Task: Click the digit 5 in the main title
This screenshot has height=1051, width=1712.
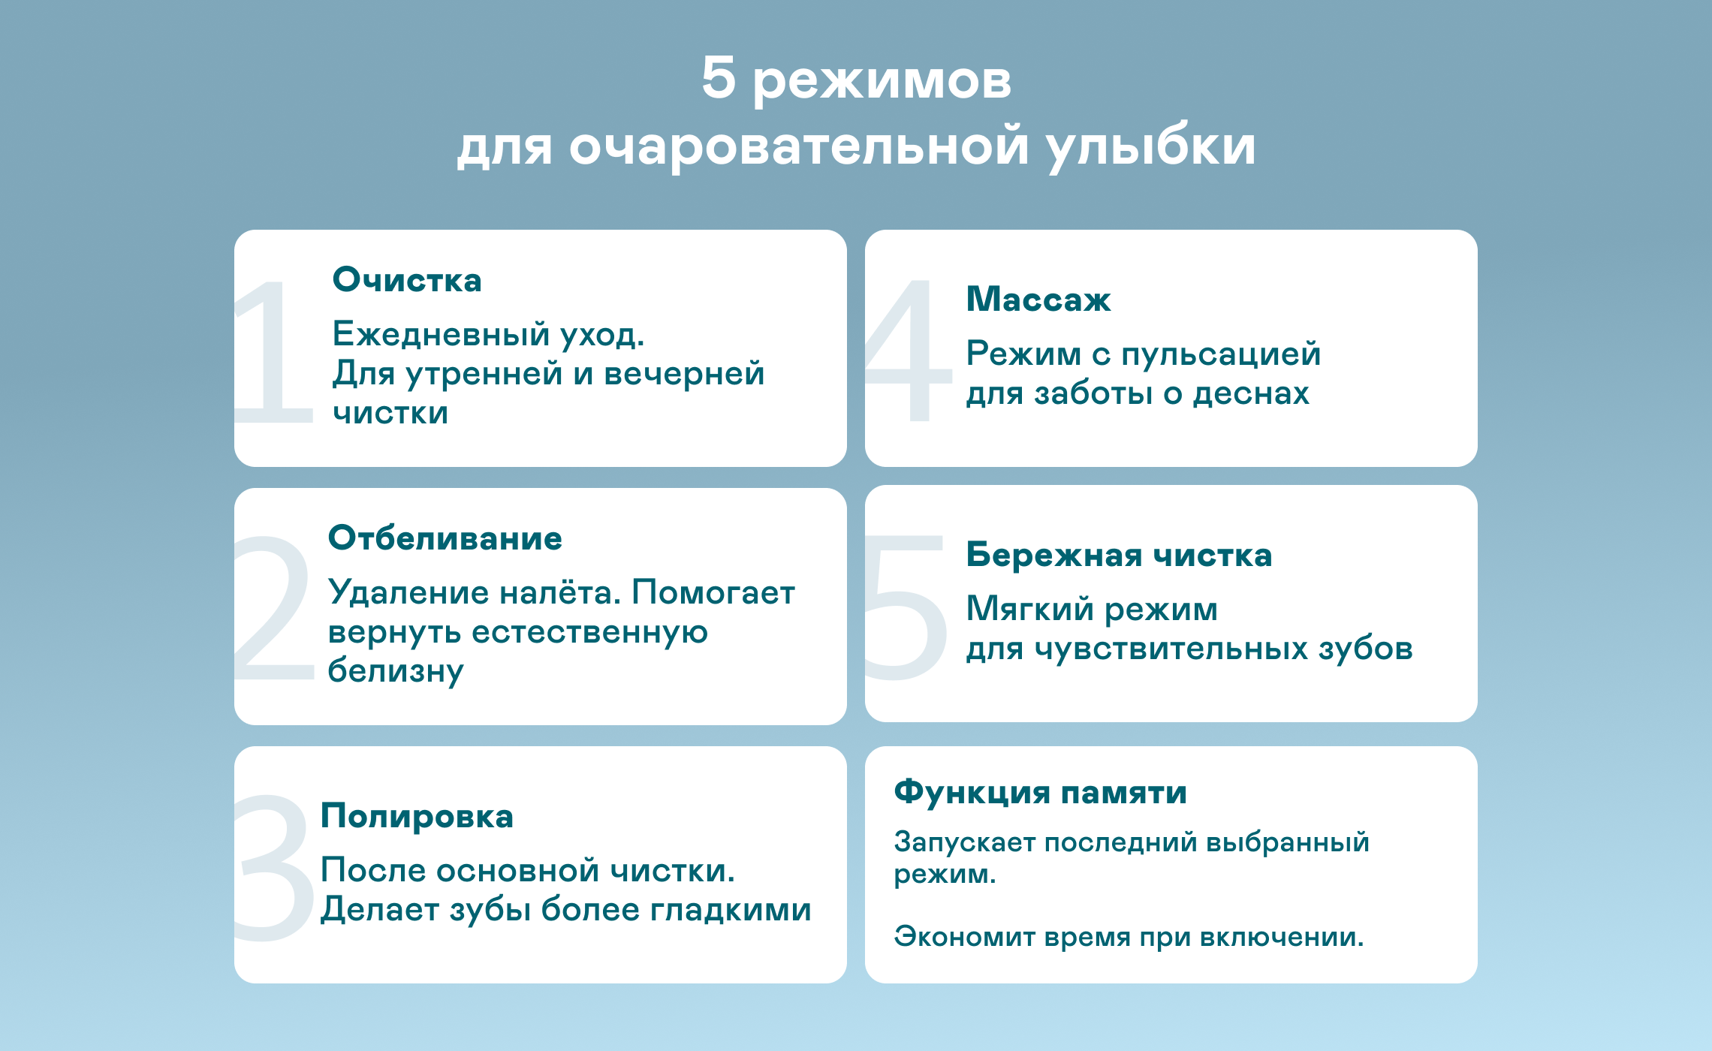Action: click(x=719, y=77)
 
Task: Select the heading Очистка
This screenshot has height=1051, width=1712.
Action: click(x=407, y=279)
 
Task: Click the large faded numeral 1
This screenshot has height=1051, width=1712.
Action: click(x=272, y=351)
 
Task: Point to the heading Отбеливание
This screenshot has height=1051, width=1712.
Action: click(x=445, y=538)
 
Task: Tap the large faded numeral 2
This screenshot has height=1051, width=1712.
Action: click(x=273, y=608)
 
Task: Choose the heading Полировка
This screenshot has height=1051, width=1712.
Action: click(x=417, y=816)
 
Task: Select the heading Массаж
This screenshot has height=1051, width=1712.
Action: click(x=1038, y=299)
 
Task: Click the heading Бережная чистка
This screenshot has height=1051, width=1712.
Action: click(x=1119, y=555)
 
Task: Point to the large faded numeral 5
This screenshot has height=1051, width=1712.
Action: click(x=906, y=608)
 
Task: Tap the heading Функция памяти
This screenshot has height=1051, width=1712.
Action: click(x=1041, y=792)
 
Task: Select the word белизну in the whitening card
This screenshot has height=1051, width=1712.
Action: click(x=396, y=670)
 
